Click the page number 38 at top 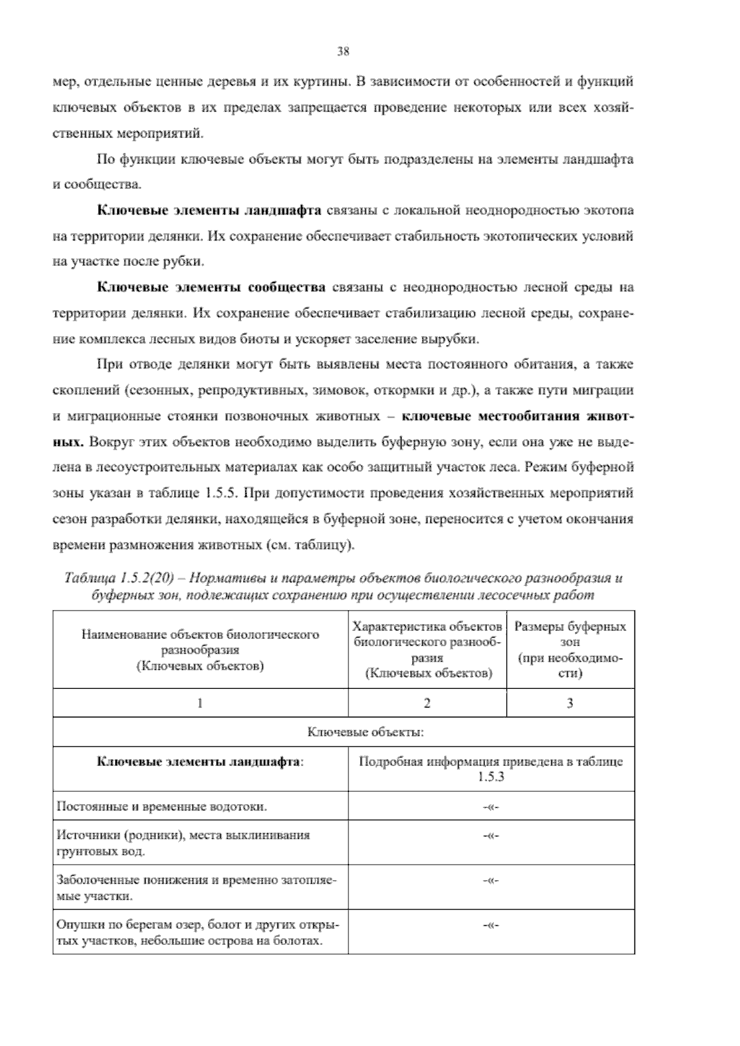(343, 52)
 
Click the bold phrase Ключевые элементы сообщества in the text (212, 287)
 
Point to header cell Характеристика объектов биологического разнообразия (427, 649)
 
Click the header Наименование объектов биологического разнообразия (200, 649)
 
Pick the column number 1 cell (200, 703)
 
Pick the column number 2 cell (427, 703)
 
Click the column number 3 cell (570, 703)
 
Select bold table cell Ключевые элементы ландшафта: (200, 762)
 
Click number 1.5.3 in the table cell (491, 776)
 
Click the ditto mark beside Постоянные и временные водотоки (491, 806)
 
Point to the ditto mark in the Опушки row (491, 926)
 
